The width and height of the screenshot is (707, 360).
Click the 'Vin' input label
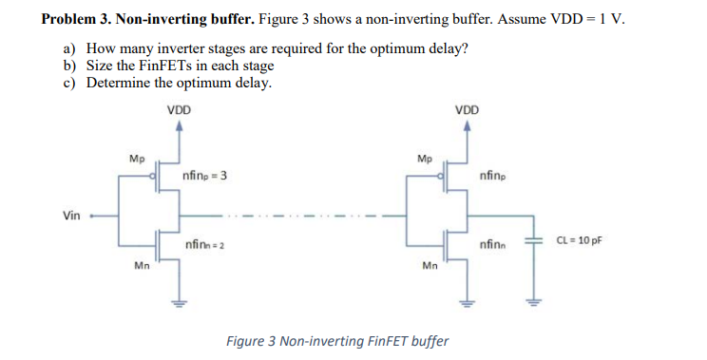pyautogui.click(x=71, y=216)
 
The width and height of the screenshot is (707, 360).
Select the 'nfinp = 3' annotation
pyautogui.click(x=203, y=177)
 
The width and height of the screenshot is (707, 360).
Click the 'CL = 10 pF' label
pyautogui.click(x=577, y=241)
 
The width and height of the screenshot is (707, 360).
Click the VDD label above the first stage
pyautogui.click(x=179, y=109)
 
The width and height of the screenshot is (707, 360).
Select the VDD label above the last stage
pyautogui.click(x=467, y=109)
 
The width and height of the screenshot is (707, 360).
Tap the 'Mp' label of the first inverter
pyautogui.click(x=137, y=159)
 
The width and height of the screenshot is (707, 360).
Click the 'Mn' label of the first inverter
pyautogui.click(x=140, y=266)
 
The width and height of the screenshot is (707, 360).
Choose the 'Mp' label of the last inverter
pyautogui.click(x=424, y=159)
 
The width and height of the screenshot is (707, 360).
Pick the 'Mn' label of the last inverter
pyautogui.click(x=428, y=266)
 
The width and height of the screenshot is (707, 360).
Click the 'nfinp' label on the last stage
pyautogui.click(x=493, y=176)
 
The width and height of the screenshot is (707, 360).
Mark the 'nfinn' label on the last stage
pyautogui.click(x=493, y=245)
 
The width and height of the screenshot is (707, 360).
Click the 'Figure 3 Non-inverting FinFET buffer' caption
pyautogui.click(x=336, y=340)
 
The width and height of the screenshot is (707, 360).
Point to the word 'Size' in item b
pyautogui.click(x=99, y=66)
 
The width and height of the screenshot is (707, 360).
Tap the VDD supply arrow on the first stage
pyautogui.click(x=178, y=126)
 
